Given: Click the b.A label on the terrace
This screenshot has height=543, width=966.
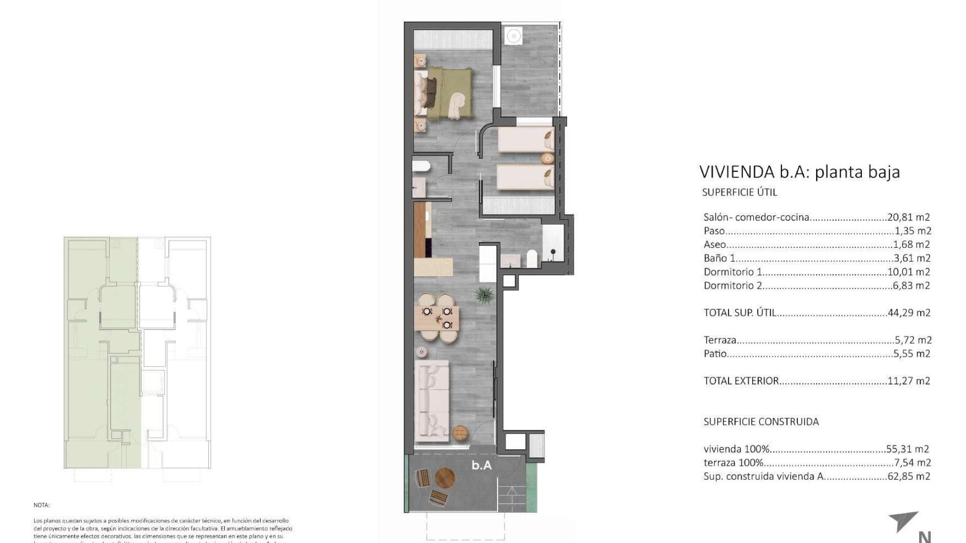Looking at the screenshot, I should point(481,466).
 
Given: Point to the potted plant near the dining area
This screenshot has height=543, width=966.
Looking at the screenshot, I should point(484,295).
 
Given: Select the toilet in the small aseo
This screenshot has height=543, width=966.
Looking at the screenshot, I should point(420,166).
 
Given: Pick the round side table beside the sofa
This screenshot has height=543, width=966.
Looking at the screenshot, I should point(460,432).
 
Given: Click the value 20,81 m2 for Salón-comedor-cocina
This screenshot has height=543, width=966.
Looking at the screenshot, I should point(909,218).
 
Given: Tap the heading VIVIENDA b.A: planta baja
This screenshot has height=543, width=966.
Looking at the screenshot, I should point(799,172).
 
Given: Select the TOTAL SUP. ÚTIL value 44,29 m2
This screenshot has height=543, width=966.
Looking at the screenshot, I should point(909,313).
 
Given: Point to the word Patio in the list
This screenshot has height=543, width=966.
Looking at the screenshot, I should point(715,354).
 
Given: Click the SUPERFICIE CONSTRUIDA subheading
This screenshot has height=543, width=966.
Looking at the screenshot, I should point(761,422).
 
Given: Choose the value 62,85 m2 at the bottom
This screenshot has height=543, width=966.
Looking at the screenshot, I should point(909,476).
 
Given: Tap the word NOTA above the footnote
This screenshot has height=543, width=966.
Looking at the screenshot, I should point(42,505).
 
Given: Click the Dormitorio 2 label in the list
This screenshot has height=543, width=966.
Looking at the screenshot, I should point(733,286).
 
